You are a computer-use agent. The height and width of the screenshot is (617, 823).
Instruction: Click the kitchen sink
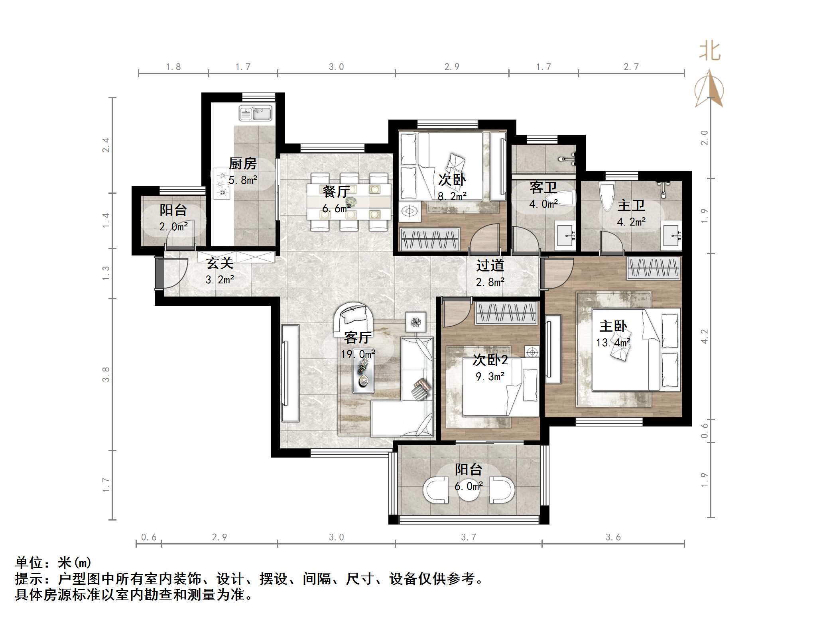click(x=255, y=113)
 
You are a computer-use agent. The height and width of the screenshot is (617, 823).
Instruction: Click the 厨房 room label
click(x=242, y=164)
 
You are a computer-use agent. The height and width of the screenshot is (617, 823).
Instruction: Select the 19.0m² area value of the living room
click(x=358, y=354)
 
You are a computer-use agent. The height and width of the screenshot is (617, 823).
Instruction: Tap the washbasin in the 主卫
click(x=672, y=235)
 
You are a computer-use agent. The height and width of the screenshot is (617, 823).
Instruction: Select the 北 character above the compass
click(x=710, y=52)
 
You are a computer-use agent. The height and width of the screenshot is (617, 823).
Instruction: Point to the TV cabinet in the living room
click(x=290, y=373)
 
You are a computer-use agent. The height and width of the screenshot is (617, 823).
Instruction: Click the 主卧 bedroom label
click(x=613, y=326)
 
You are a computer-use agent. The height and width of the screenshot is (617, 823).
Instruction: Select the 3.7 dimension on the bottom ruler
click(x=469, y=537)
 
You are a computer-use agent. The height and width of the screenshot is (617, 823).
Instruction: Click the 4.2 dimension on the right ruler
click(x=705, y=336)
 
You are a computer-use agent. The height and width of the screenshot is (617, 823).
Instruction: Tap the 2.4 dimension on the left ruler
click(x=105, y=145)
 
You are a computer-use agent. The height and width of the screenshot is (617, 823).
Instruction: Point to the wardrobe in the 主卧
click(x=653, y=267)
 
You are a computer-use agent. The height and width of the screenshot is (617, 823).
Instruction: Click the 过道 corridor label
click(x=490, y=265)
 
